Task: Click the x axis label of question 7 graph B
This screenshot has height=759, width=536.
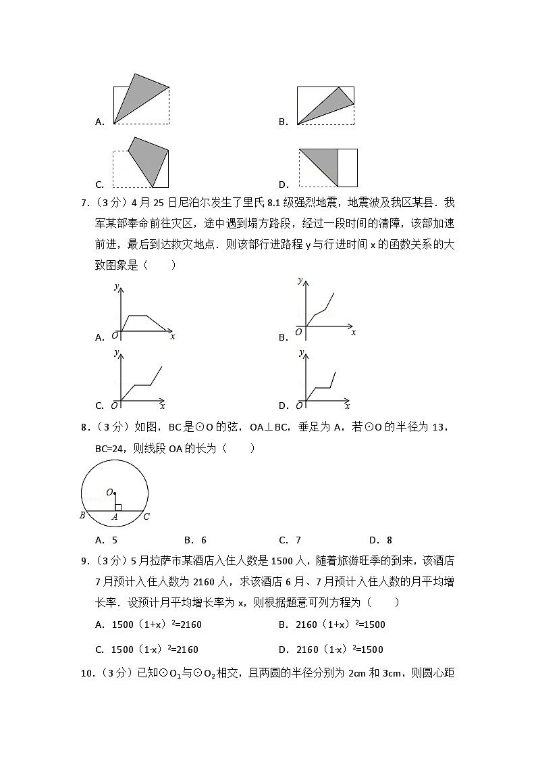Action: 353,333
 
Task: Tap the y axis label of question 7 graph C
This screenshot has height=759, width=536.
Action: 116,353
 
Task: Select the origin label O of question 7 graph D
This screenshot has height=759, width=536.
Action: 298,406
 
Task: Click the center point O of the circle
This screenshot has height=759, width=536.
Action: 114,493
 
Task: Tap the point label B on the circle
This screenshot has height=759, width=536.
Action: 82,517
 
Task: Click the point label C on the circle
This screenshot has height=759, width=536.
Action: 146,517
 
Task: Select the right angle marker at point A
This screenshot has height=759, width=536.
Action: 117,507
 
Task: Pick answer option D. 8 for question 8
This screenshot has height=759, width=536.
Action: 381,540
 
